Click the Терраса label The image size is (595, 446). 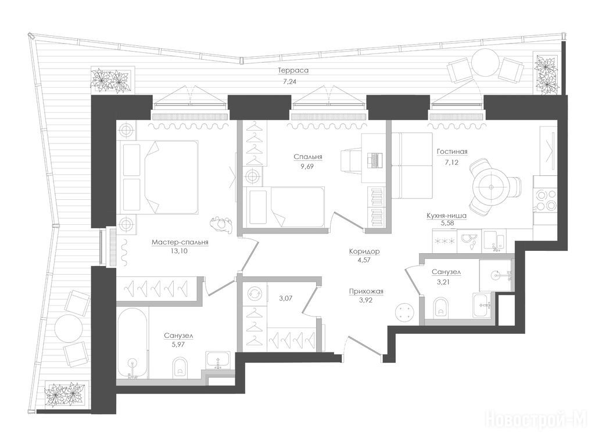tap(293, 70)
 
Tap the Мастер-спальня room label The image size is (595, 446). tap(180, 243)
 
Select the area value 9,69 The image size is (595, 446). tap(307, 166)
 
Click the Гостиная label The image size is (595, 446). tap(452, 152)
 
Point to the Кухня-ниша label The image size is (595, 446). tap(446, 215)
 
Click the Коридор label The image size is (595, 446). tap(364, 251)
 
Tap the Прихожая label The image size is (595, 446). tap(366, 292)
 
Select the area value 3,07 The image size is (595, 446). tap(286, 298)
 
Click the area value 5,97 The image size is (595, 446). tap(178, 345)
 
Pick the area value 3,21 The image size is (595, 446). tap(443, 282)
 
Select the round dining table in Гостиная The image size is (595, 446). tap(491, 188)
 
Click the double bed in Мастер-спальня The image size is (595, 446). tap(160, 176)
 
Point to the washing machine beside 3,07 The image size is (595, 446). tap(253, 294)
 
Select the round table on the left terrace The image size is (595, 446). tap(68, 328)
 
